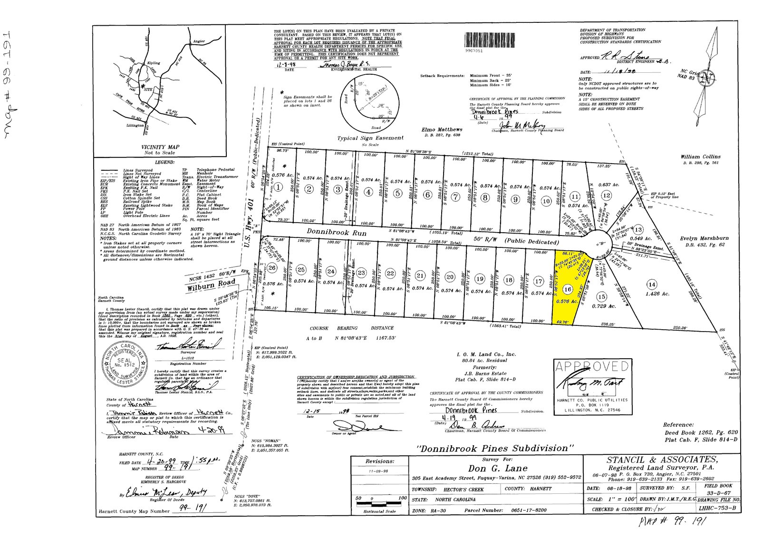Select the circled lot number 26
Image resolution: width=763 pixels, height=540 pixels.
[x=272, y=267]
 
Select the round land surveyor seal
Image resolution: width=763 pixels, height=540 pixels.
[x=122, y=364]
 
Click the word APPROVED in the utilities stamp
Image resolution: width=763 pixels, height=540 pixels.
[x=591, y=367]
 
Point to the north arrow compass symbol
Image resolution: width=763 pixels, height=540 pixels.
[x=710, y=76]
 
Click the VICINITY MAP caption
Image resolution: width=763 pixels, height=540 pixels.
[x=160, y=147]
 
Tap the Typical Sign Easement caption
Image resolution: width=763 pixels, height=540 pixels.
[x=370, y=138]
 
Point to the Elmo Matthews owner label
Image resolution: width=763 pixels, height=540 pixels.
[x=442, y=129]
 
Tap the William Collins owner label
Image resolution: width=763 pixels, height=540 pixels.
[x=700, y=157]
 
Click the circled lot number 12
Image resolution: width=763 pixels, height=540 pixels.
[x=606, y=195]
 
